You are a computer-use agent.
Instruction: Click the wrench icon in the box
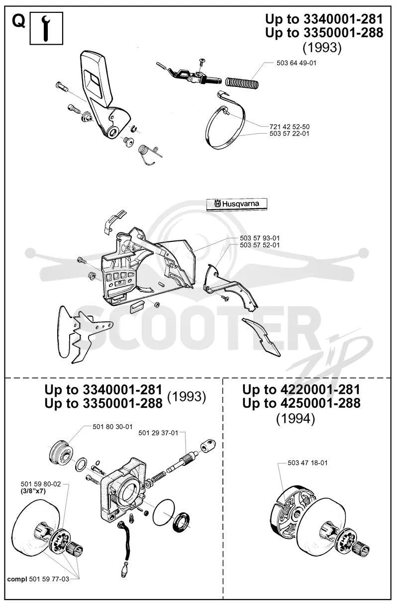tap(46, 28)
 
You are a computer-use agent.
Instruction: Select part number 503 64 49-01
tap(297, 63)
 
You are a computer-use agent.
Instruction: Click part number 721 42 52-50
tap(290, 126)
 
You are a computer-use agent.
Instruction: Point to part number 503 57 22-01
tap(289, 134)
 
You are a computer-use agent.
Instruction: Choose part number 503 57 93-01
tap(260, 238)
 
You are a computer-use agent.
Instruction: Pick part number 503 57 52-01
tap(260, 245)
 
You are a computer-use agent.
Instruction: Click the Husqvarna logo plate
tap(237, 204)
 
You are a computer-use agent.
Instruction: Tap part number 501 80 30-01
tap(112, 427)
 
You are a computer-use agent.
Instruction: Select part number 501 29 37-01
tap(158, 433)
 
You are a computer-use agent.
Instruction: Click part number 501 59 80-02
tap(41, 484)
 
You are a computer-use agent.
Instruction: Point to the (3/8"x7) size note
tap(33, 491)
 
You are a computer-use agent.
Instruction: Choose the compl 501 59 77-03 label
tap(38, 579)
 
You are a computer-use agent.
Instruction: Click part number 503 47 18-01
tap(307, 462)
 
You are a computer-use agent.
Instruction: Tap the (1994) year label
tap(296, 419)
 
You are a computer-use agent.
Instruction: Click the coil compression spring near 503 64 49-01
tap(242, 82)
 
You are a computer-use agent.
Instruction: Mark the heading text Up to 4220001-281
tap(301, 389)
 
